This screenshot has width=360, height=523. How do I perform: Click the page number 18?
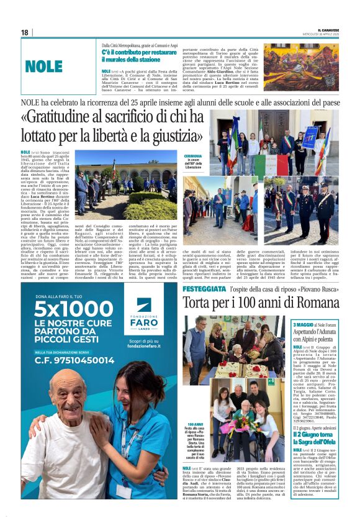[25, 32]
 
